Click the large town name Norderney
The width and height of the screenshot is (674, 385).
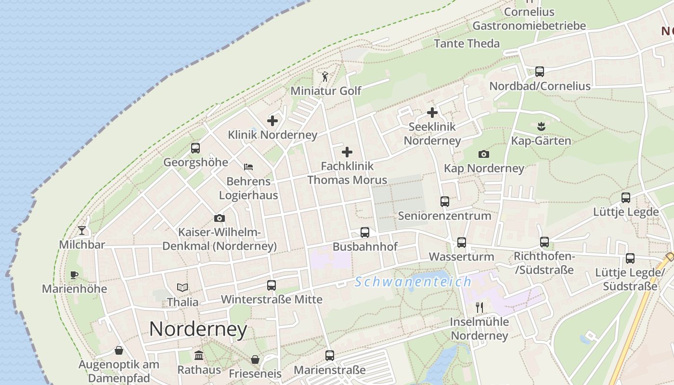(x=198, y=329)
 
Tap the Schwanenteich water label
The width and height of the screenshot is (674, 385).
(x=413, y=282)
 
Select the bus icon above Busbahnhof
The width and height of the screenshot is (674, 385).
(x=365, y=232)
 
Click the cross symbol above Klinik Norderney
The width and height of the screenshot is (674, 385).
(x=272, y=121)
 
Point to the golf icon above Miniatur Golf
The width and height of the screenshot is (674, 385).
(x=325, y=77)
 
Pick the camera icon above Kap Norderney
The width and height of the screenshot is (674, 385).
(x=484, y=154)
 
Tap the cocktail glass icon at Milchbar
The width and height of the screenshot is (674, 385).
(x=82, y=231)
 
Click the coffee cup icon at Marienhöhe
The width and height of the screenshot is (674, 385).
(x=74, y=275)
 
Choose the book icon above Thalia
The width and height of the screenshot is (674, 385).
(x=182, y=288)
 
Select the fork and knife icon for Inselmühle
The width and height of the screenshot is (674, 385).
(x=479, y=307)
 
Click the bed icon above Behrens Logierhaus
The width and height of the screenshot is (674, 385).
(x=248, y=167)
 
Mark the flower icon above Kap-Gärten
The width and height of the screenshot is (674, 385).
(x=541, y=127)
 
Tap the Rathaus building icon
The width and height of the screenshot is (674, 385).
(x=199, y=356)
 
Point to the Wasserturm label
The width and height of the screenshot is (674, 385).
(x=461, y=257)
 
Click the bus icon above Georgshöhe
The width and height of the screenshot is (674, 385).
(x=195, y=148)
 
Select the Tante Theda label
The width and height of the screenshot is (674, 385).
(x=467, y=43)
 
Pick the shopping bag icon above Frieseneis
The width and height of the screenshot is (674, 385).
(x=255, y=359)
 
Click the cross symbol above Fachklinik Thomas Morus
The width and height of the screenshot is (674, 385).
(x=347, y=153)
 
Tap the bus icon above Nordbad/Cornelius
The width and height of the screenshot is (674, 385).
(x=540, y=72)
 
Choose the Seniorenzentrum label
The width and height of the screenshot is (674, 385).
(x=444, y=216)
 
